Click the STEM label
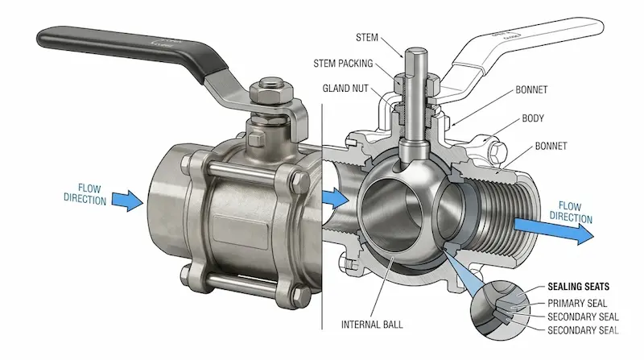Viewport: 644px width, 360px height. click(x=366, y=37)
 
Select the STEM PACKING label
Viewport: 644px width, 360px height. click(x=343, y=64)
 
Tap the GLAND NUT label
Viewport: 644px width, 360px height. click(x=345, y=89)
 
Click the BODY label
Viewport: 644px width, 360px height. click(x=533, y=118)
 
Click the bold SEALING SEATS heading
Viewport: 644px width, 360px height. click(x=578, y=287)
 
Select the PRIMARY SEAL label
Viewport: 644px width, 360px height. click(x=577, y=304)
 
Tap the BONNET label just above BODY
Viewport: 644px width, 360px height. click(x=531, y=89)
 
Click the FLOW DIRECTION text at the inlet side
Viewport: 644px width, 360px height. click(x=85, y=194)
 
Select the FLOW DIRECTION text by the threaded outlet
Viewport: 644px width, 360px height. click(x=571, y=212)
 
